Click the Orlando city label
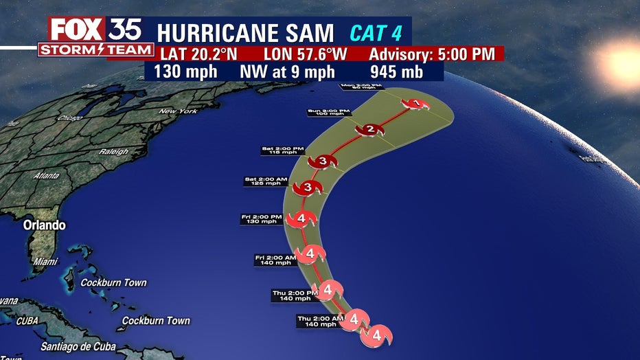(44, 225)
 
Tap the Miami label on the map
(45, 262)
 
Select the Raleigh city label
(113, 151)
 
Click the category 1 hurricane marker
(415, 104)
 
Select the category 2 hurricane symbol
(369, 130)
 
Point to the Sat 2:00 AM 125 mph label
(264, 182)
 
